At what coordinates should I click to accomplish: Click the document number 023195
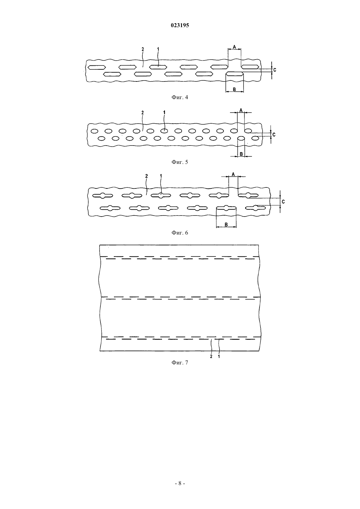[180, 25]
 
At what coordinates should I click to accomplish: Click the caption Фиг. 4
[180, 97]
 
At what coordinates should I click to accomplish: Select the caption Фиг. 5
[180, 162]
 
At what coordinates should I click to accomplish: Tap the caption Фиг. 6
[180, 233]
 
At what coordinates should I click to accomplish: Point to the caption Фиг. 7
[180, 362]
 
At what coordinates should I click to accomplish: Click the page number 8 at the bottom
[180, 483]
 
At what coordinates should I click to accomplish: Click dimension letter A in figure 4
[234, 47]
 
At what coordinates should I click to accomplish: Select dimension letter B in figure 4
[234, 89]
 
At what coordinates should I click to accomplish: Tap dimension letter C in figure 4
[275, 70]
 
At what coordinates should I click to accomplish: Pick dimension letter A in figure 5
[241, 111]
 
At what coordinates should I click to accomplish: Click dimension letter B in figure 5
[241, 154]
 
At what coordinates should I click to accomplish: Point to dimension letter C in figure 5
[274, 135]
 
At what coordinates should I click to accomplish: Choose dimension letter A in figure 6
[233, 174]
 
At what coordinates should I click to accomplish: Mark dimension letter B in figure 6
[226, 224]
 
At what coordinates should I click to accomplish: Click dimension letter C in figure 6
[283, 202]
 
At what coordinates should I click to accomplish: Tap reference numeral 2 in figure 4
[142, 49]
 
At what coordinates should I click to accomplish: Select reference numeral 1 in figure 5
[164, 113]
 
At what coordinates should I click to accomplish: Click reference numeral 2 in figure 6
[146, 176]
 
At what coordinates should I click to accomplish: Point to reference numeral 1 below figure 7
[219, 357]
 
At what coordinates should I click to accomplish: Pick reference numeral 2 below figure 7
[211, 357]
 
